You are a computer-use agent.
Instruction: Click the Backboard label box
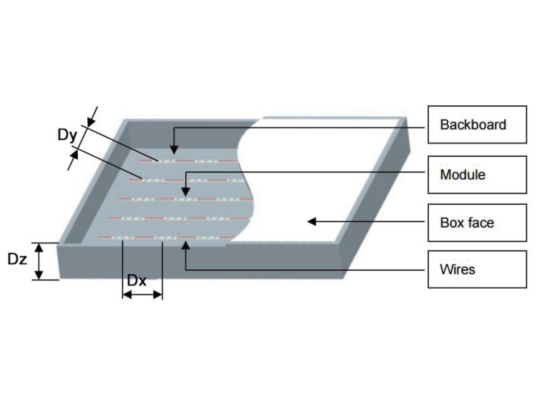(x=477, y=124)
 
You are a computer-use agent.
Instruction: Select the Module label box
(x=477, y=174)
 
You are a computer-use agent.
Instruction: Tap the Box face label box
(x=477, y=222)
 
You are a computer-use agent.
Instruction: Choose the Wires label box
(x=477, y=269)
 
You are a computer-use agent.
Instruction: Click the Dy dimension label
(x=67, y=135)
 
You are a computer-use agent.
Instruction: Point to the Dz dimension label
(x=18, y=260)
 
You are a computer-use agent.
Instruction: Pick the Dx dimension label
(x=137, y=281)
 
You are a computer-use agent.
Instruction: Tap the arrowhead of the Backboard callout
(x=173, y=149)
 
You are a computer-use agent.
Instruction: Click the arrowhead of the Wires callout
(x=185, y=246)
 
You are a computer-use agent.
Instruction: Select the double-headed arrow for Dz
(x=40, y=261)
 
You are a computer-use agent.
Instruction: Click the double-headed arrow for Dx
(x=142, y=295)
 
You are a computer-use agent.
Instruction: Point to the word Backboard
(x=473, y=124)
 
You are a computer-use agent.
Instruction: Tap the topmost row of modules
(x=188, y=161)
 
